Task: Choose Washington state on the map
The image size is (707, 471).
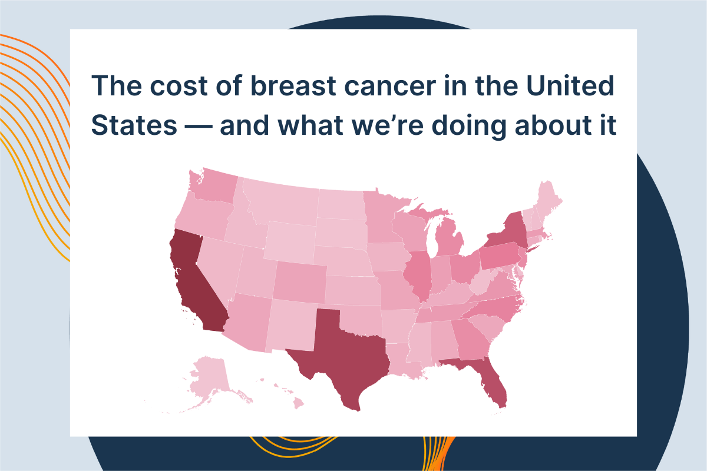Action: pyautogui.click(x=214, y=186)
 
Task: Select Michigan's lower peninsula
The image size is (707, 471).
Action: pyautogui.click(x=448, y=240)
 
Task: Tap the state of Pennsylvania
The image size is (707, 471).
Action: pyautogui.click(x=500, y=256)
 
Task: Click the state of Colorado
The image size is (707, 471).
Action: pyautogui.click(x=300, y=281)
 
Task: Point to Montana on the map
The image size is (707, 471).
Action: pyautogui.click(x=282, y=202)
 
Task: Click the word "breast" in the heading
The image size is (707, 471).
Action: pyautogui.click(x=293, y=85)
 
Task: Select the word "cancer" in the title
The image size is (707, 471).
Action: pyautogui.click(x=390, y=87)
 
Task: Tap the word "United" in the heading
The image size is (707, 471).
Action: pyautogui.click(x=570, y=85)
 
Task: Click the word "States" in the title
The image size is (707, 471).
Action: pyautogui.click(x=134, y=125)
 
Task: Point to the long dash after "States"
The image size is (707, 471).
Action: pyautogui.click(x=199, y=127)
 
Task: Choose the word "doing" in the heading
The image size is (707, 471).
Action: pyautogui.click(x=469, y=127)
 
